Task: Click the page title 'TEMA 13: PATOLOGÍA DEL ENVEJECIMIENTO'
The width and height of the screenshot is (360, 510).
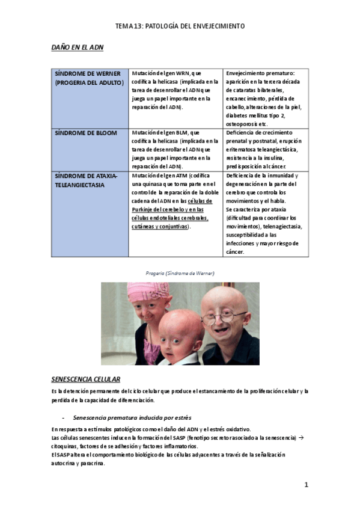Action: pyautogui.click(x=180, y=26)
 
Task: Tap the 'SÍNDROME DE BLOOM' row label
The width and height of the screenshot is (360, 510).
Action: pyautogui.click(x=85, y=132)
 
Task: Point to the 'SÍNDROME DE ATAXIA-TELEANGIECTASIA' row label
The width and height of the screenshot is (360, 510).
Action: pyautogui.click(x=86, y=180)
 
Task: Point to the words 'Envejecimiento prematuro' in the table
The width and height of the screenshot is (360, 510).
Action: pyautogui.click(x=256, y=73)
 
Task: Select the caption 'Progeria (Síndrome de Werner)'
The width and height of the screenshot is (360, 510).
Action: pyautogui.click(x=180, y=273)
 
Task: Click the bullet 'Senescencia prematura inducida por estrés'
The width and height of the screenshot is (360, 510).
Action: pyautogui.click(x=132, y=417)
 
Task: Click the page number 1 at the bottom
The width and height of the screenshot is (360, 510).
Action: pyautogui.click(x=306, y=485)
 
